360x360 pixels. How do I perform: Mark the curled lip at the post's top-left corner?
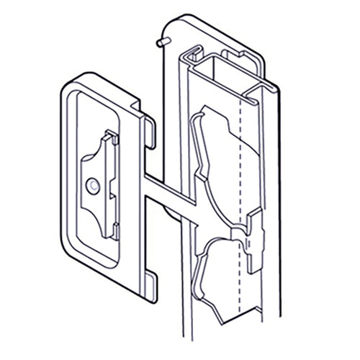[192, 53]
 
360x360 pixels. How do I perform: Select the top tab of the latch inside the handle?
[108, 137]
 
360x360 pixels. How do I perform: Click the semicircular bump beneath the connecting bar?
[173, 212]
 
